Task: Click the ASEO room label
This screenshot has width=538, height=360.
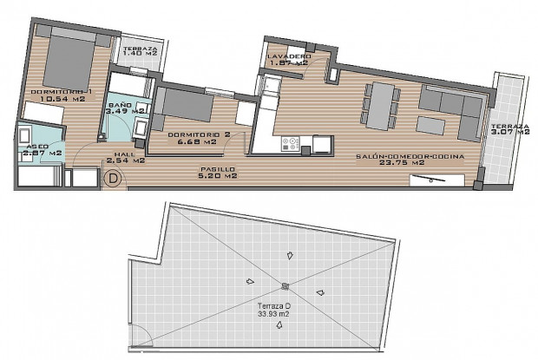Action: point(37,147)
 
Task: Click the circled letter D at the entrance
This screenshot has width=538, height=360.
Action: point(112,180)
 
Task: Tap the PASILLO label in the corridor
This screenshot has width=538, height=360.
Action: point(213,168)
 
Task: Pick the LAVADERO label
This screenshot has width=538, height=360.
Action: point(289,55)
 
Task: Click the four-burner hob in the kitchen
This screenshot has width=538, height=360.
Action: point(291,141)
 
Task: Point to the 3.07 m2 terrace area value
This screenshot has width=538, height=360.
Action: point(508,133)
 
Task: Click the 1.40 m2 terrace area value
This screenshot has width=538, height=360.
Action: point(140,55)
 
